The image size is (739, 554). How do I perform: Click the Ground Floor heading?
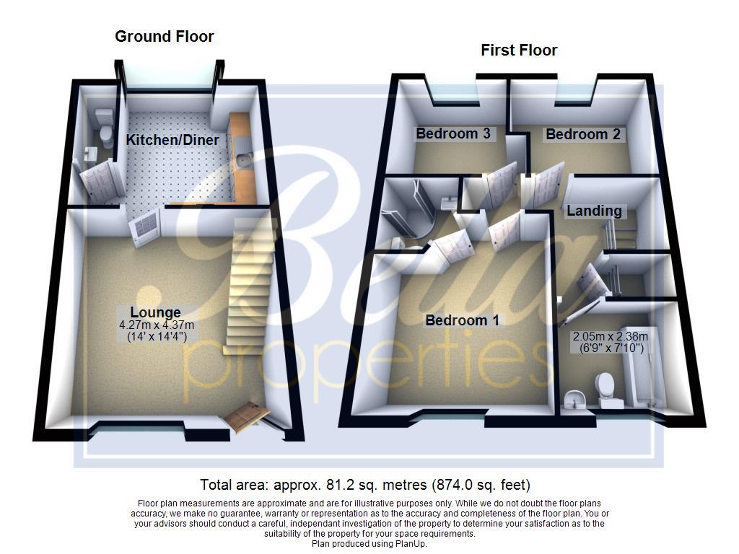[x=165, y=36]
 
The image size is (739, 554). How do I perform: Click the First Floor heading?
[x=519, y=50]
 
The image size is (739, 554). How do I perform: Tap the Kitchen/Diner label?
[x=173, y=140]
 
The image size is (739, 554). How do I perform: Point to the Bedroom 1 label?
[x=462, y=320]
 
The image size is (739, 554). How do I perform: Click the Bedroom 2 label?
[x=582, y=134]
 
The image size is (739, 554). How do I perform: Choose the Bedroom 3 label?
[x=452, y=133]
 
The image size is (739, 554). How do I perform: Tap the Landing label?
[x=594, y=211]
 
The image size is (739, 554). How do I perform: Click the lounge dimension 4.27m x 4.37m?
[x=157, y=325]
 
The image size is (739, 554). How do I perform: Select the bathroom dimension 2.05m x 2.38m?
[x=611, y=336]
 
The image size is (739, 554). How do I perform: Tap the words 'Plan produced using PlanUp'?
[x=369, y=544]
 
